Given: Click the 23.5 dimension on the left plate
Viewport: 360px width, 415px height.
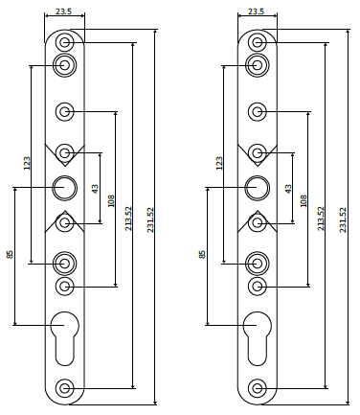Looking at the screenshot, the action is point(64,12).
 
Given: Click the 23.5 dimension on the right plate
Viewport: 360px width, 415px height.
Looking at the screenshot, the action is point(257,12).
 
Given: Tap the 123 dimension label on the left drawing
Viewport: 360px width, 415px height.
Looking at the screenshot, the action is point(27,163).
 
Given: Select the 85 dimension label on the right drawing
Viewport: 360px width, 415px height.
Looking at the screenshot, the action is point(202,254).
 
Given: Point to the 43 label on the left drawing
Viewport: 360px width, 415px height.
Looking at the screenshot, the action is point(95,189).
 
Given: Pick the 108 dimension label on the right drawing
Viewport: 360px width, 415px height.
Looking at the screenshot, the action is point(304,200).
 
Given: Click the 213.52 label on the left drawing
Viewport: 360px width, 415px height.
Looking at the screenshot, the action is point(128,219).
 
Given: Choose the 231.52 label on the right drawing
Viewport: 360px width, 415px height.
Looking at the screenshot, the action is point(343,219).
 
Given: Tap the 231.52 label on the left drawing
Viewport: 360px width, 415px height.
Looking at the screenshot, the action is point(150,219).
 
